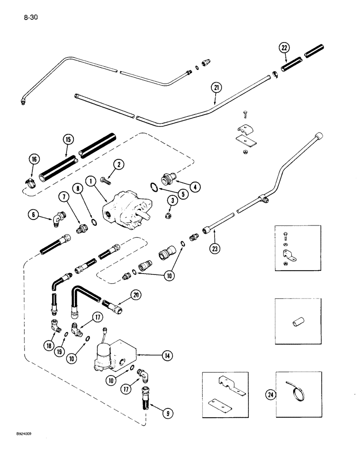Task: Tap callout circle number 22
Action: coord(285,47)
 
